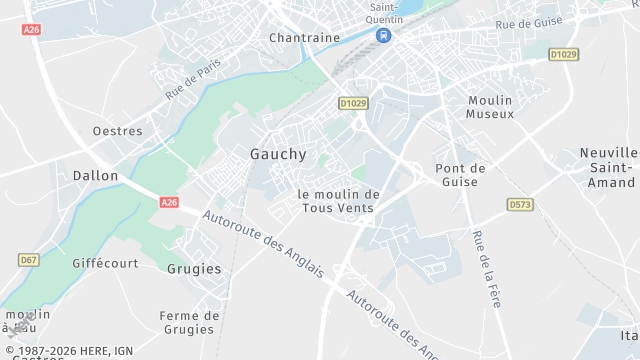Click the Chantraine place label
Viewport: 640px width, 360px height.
304,38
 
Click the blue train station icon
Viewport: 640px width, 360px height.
383,35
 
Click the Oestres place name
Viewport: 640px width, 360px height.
117,131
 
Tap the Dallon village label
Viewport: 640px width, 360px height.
95,175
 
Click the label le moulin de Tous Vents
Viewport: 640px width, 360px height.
339,201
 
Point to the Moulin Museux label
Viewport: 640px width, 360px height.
490,107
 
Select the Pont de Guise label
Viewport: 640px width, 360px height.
461,175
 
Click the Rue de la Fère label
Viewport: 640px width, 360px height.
486,268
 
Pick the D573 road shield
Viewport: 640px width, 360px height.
519,204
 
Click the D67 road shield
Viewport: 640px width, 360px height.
29,260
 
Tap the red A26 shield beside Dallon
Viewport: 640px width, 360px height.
169,202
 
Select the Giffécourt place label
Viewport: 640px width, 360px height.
104,263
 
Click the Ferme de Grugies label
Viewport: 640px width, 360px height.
188,322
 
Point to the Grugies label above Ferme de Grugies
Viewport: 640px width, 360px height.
194,269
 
